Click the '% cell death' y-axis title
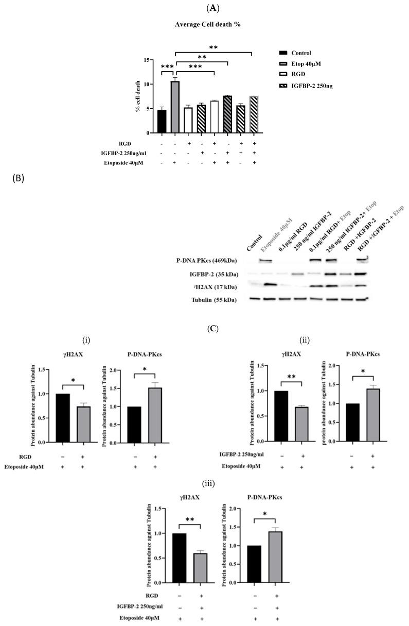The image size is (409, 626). point(138,96)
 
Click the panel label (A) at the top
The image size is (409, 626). point(204,8)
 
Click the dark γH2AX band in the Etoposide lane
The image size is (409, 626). point(266,284)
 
